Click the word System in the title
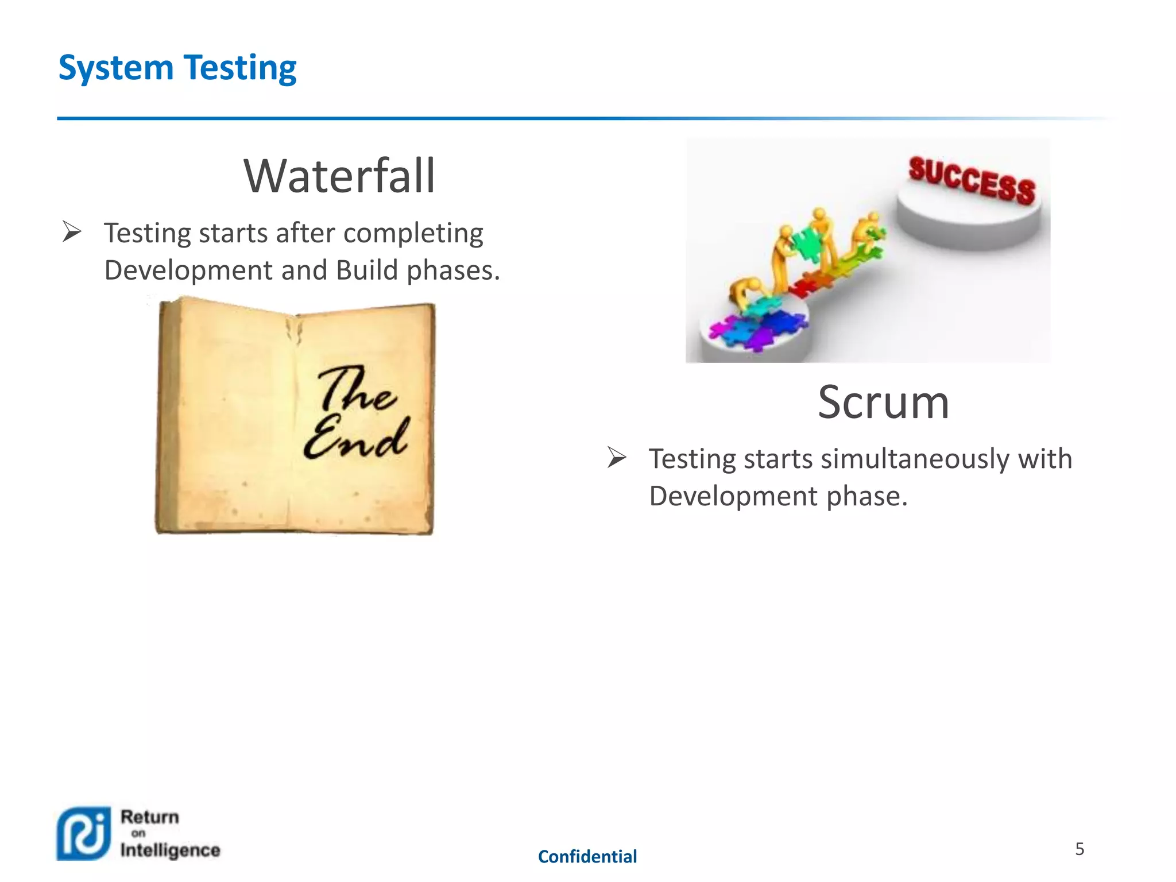[116, 68]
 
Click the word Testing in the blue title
[240, 68]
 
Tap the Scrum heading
[883, 402]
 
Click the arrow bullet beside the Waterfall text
[72, 232]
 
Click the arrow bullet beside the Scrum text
[617, 458]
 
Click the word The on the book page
[357, 390]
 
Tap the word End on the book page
[356, 439]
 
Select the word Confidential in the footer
[587, 857]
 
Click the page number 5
[1080, 849]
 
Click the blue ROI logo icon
[83, 834]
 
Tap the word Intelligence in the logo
[170, 850]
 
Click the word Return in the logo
[149, 817]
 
